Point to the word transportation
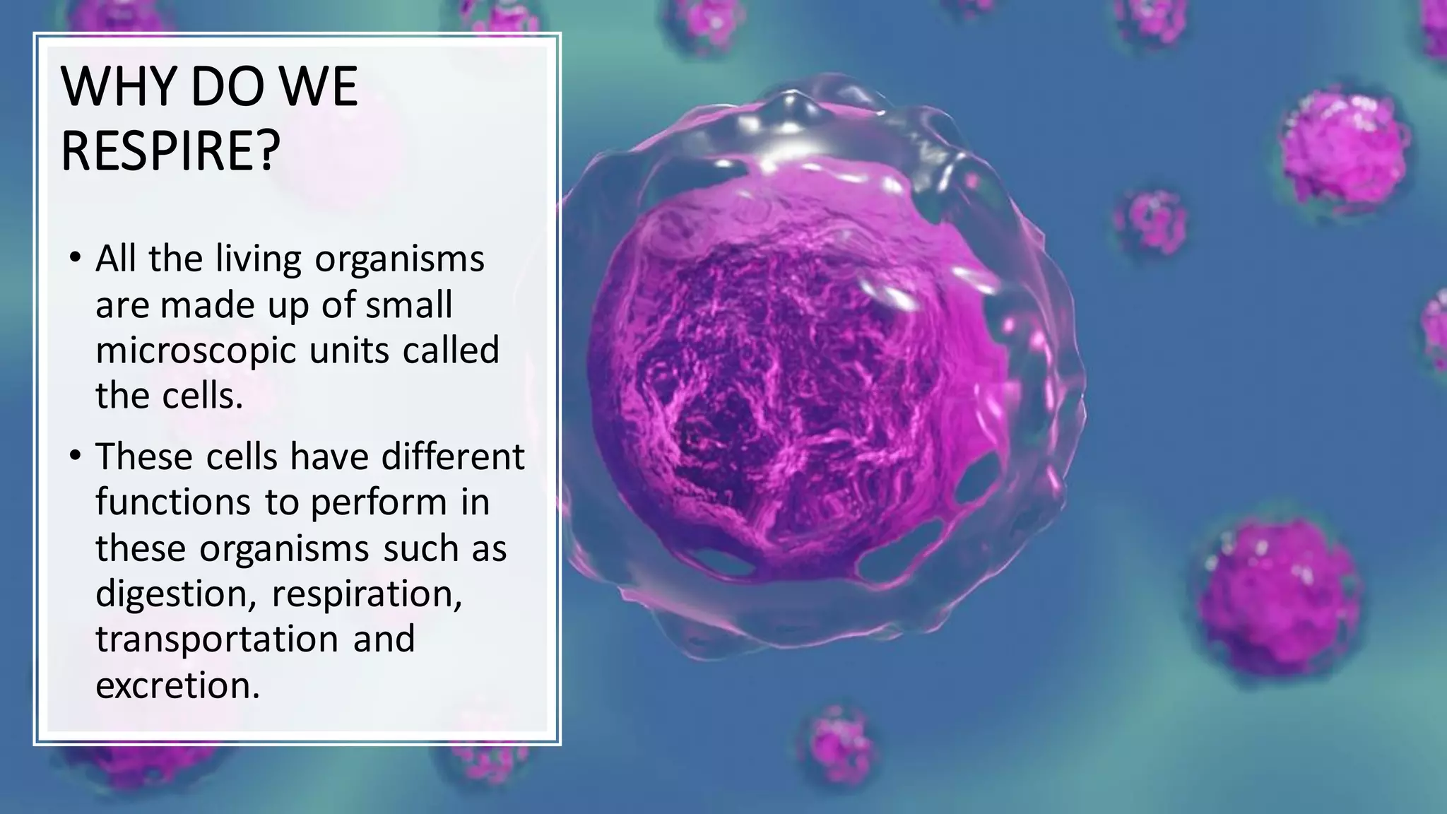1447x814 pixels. [217, 639]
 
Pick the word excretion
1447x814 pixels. [177, 685]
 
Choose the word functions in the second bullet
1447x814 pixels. [172, 502]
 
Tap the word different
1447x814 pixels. [453, 456]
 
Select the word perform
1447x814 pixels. [379, 504]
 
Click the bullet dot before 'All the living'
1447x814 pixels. [76, 258]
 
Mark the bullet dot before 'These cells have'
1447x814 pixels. [76, 456]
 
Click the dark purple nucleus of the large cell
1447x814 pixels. [784, 382]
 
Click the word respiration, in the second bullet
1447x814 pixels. [367, 594]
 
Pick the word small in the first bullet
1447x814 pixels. [409, 305]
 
